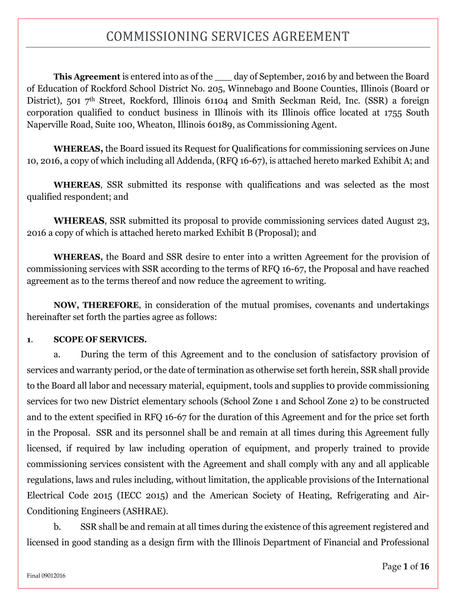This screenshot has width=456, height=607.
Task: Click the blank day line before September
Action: tap(223, 76)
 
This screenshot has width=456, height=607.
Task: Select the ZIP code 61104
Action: tap(232, 101)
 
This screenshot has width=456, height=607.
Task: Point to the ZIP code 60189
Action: tap(206, 124)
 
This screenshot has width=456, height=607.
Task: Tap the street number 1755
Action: tap(395, 113)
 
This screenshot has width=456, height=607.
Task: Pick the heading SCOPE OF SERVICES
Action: tap(100, 340)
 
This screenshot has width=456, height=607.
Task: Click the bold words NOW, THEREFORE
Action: tap(96, 305)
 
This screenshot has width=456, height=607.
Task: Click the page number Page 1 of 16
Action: tap(406, 567)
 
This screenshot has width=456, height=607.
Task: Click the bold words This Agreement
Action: tap(86, 76)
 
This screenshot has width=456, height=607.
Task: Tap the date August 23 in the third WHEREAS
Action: tap(407, 221)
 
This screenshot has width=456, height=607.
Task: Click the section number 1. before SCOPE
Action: tap(29, 340)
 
